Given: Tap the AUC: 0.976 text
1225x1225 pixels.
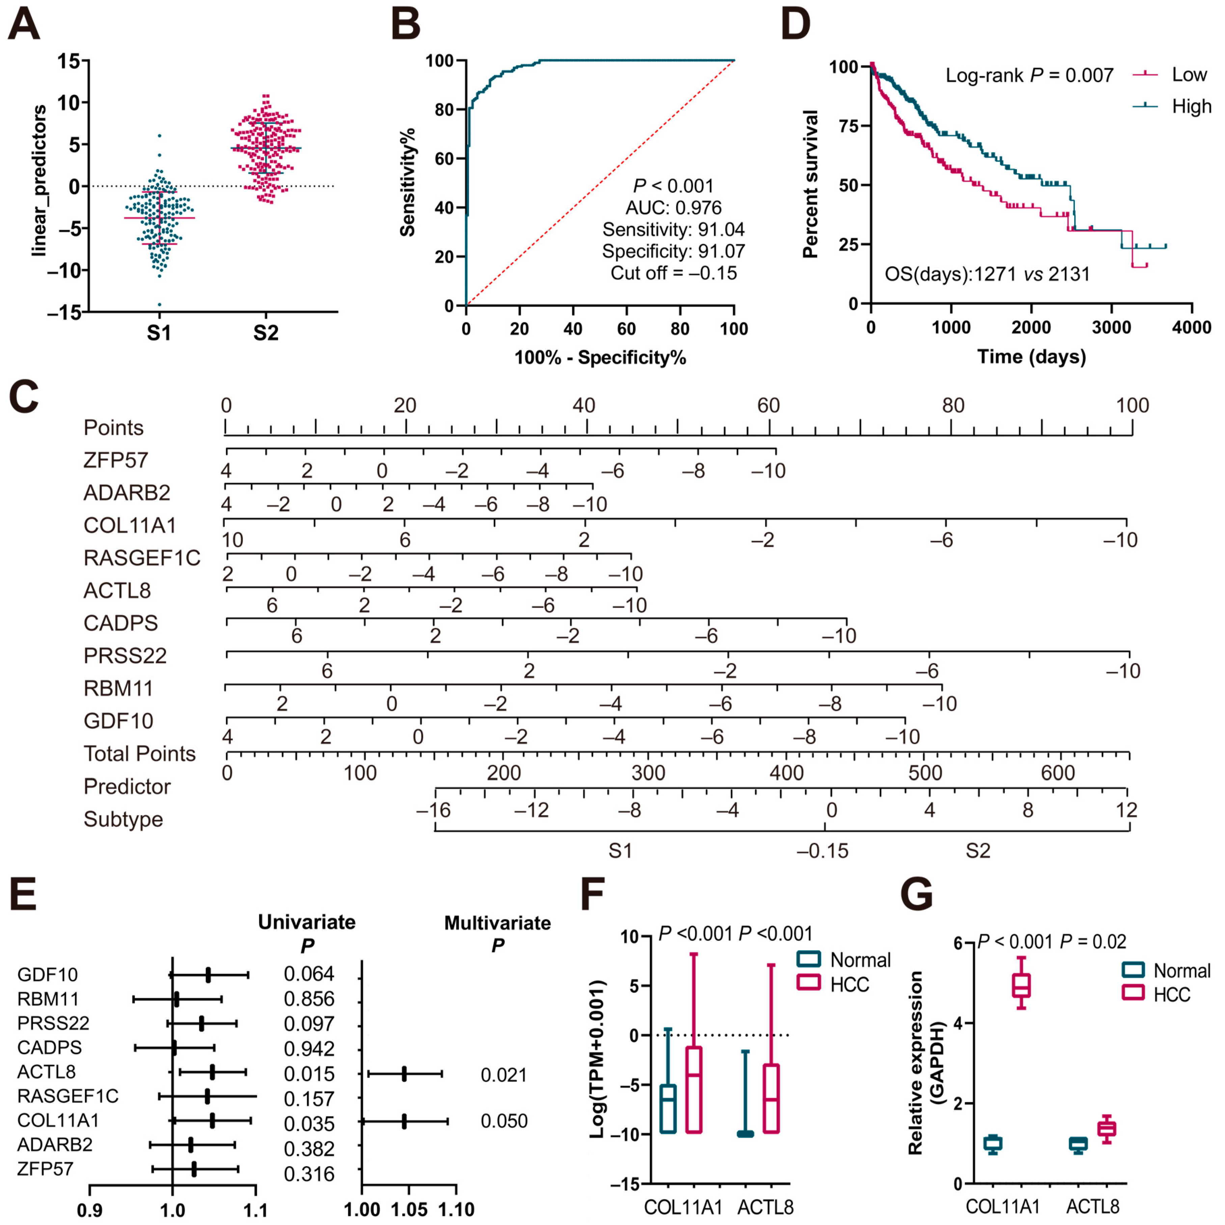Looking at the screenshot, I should [673, 207].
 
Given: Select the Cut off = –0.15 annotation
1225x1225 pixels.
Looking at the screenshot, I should [673, 273].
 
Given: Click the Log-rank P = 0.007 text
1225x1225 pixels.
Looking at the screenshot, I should [1029, 76].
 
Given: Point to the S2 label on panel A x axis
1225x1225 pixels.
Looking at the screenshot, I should [266, 333].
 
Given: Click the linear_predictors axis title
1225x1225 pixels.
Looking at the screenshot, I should [39, 181].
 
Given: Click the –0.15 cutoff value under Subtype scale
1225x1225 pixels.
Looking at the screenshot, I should [823, 850].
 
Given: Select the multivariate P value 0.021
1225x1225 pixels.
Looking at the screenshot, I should [503, 1075].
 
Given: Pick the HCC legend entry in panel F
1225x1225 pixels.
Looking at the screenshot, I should [848, 985].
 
